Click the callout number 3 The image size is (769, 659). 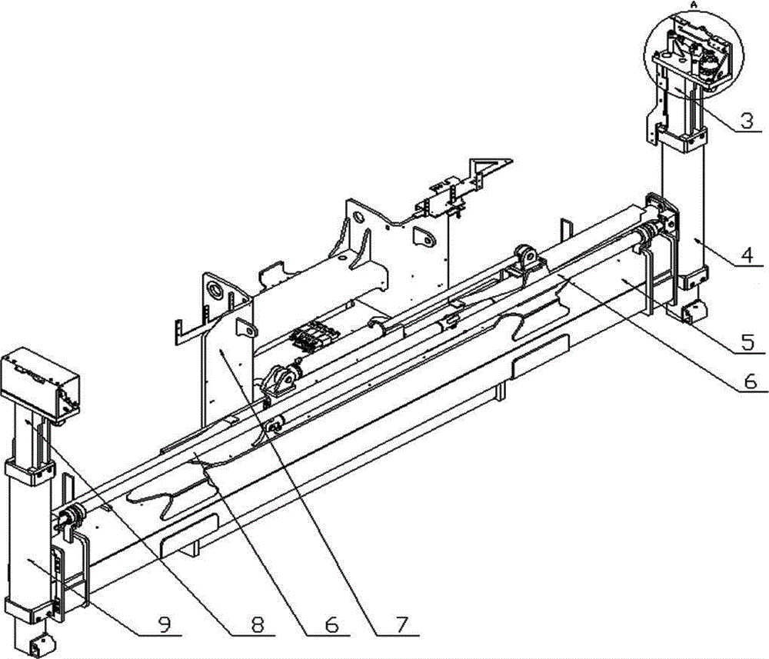coord(746,121)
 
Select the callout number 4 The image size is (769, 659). coord(747,255)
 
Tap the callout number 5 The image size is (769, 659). coord(747,342)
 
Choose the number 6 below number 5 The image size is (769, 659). coord(751,381)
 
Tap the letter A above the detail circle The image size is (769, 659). coord(694,4)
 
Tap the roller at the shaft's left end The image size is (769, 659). coord(68,518)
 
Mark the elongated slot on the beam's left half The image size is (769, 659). coord(189,529)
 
